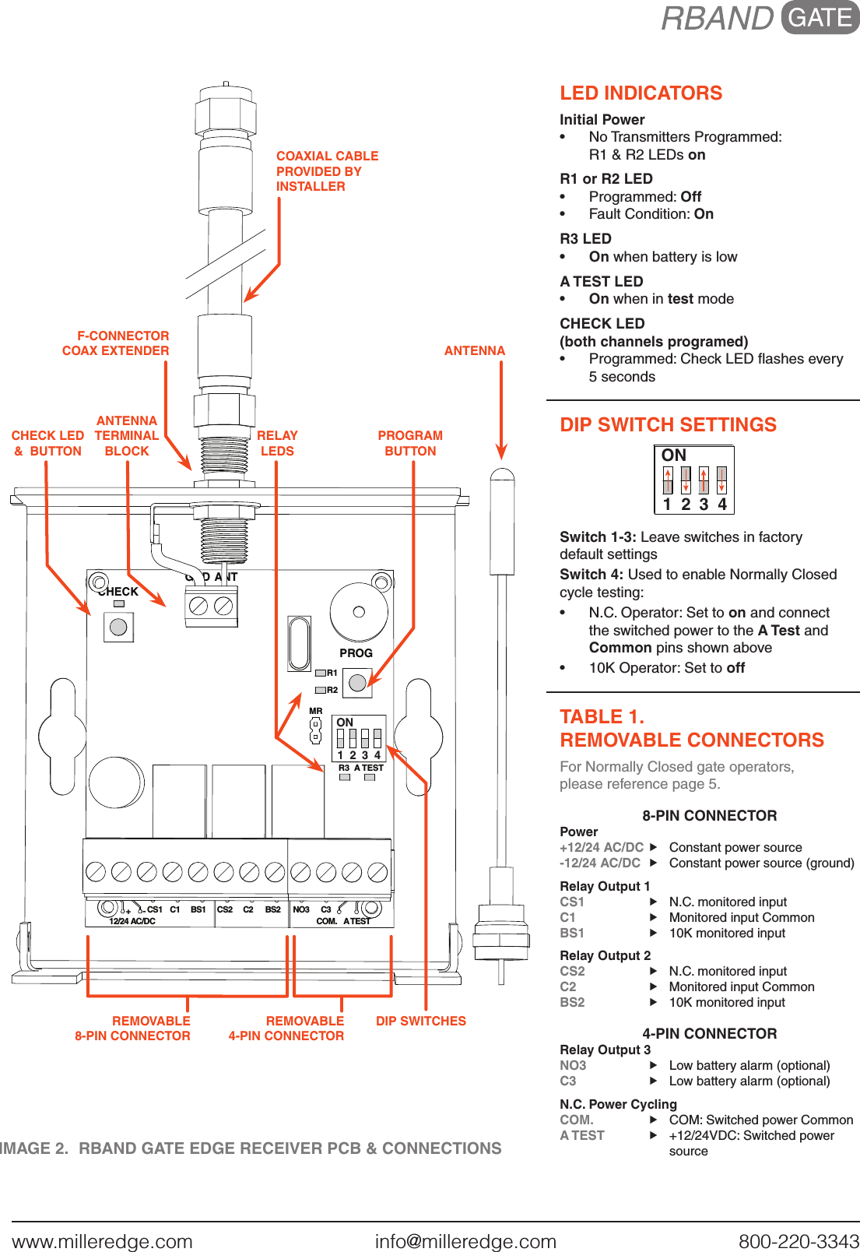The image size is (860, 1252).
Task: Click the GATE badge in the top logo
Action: [x=820, y=18]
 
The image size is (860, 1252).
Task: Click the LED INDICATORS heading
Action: [x=641, y=93]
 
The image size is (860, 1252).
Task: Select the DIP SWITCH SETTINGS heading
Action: [x=668, y=425]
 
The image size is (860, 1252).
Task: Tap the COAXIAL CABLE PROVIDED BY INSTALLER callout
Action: [x=327, y=171]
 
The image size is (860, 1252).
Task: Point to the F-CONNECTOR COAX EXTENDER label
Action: [x=117, y=343]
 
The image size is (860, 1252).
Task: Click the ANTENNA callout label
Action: [x=474, y=351]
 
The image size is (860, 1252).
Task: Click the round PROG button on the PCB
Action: [x=357, y=683]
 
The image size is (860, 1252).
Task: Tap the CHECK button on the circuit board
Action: [x=118, y=627]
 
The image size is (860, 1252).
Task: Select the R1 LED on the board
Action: [x=321, y=673]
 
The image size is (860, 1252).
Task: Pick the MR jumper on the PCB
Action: [x=315, y=730]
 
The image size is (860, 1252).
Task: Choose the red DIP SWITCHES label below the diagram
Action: [x=420, y=1022]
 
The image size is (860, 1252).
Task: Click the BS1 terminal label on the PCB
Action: [x=198, y=909]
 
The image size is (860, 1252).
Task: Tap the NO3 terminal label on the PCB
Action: [x=300, y=909]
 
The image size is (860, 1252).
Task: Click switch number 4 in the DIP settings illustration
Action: [x=721, y=480]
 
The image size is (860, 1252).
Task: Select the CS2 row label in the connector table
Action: [x=572, y=972]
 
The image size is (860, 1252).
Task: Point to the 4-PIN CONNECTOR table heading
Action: [x=709, y=1034]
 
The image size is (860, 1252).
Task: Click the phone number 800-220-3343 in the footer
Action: [x=799, y=1241]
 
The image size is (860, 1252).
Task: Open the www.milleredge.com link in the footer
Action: [x=102, y=1241]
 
